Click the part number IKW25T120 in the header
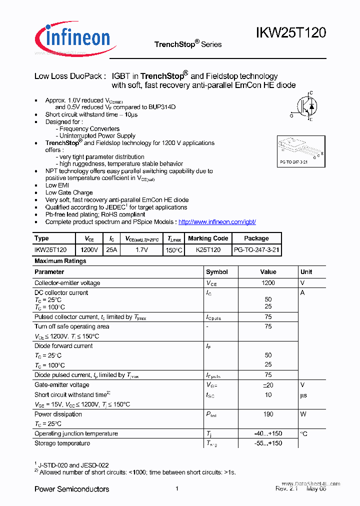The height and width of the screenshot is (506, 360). coord(291,33)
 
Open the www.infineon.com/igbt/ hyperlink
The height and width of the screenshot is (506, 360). coord(217,222)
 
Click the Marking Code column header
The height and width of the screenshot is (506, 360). coord(208,238)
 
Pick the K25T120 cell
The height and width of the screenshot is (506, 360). coord(208,249)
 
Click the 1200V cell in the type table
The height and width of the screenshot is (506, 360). coord(89,249)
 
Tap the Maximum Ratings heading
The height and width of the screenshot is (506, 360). coord(60,261)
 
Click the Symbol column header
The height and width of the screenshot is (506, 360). coord(217,272)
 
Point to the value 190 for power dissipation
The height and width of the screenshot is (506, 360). coord(268,414)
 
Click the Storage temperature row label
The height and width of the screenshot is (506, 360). coord(62,443)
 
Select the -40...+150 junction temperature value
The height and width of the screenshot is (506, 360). coord(268,434)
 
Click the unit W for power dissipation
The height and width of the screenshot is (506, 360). coord(302,414)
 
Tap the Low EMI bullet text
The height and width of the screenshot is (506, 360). coord(57,185)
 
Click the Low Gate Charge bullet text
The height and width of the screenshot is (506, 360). coord(69,192)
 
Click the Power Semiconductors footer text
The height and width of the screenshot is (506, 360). coord(71,489)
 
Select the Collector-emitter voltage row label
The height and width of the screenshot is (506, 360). coord(67,283)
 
